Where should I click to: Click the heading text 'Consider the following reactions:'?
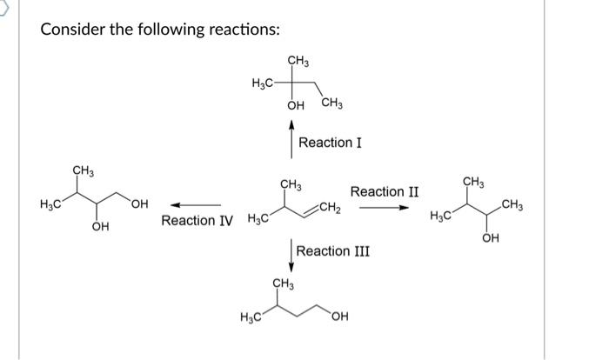coord(160,30)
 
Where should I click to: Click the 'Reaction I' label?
coord(325,142)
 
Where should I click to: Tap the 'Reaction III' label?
coord(333,251)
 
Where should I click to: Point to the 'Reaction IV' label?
coord(197,221)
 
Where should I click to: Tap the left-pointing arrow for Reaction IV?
coord(188,205)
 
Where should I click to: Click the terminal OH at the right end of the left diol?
coord(138,204)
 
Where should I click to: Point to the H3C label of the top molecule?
coord(262,83)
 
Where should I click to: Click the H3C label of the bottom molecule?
coord(251,316)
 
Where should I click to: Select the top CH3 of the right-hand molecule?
coord(474,181)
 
